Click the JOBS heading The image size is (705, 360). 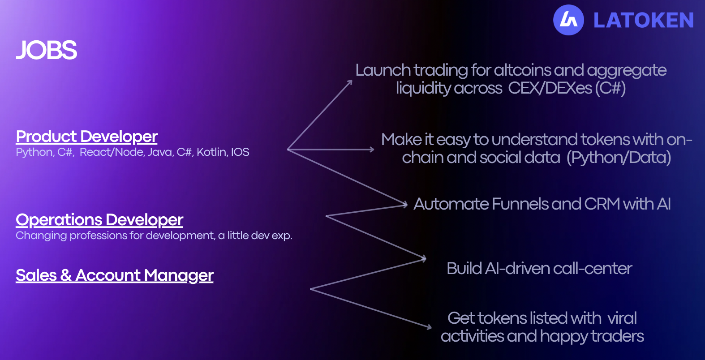click(x=46, y=50)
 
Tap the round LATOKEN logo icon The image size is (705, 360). click(x=568, y=20)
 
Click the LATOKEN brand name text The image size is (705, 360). click(x=643, y=21)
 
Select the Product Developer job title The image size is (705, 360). click(x=86, y=137)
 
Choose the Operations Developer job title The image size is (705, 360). click(x=99, y=220)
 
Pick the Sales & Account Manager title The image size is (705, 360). click(x=115, y=275)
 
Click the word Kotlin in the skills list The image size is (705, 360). click(x=211, y=152)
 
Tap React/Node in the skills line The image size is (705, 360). click(x=112, y=152)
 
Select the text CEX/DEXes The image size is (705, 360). click(x=550, y=88)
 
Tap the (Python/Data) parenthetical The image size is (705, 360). click(x=619, y=158)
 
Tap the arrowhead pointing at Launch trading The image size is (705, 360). click(x=349, y=82)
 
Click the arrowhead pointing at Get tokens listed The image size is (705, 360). click(x=429, y=327)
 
